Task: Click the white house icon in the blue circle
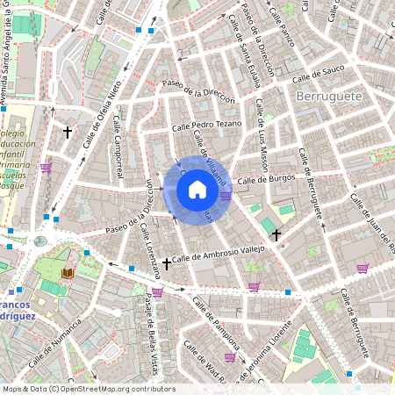(x=197, y=190)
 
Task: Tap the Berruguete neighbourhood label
(x=329, y=95)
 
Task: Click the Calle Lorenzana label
(x=147, y=245)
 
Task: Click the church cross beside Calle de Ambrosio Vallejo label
(x=167, y=262)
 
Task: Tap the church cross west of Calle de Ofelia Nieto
(x=67, y=133)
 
